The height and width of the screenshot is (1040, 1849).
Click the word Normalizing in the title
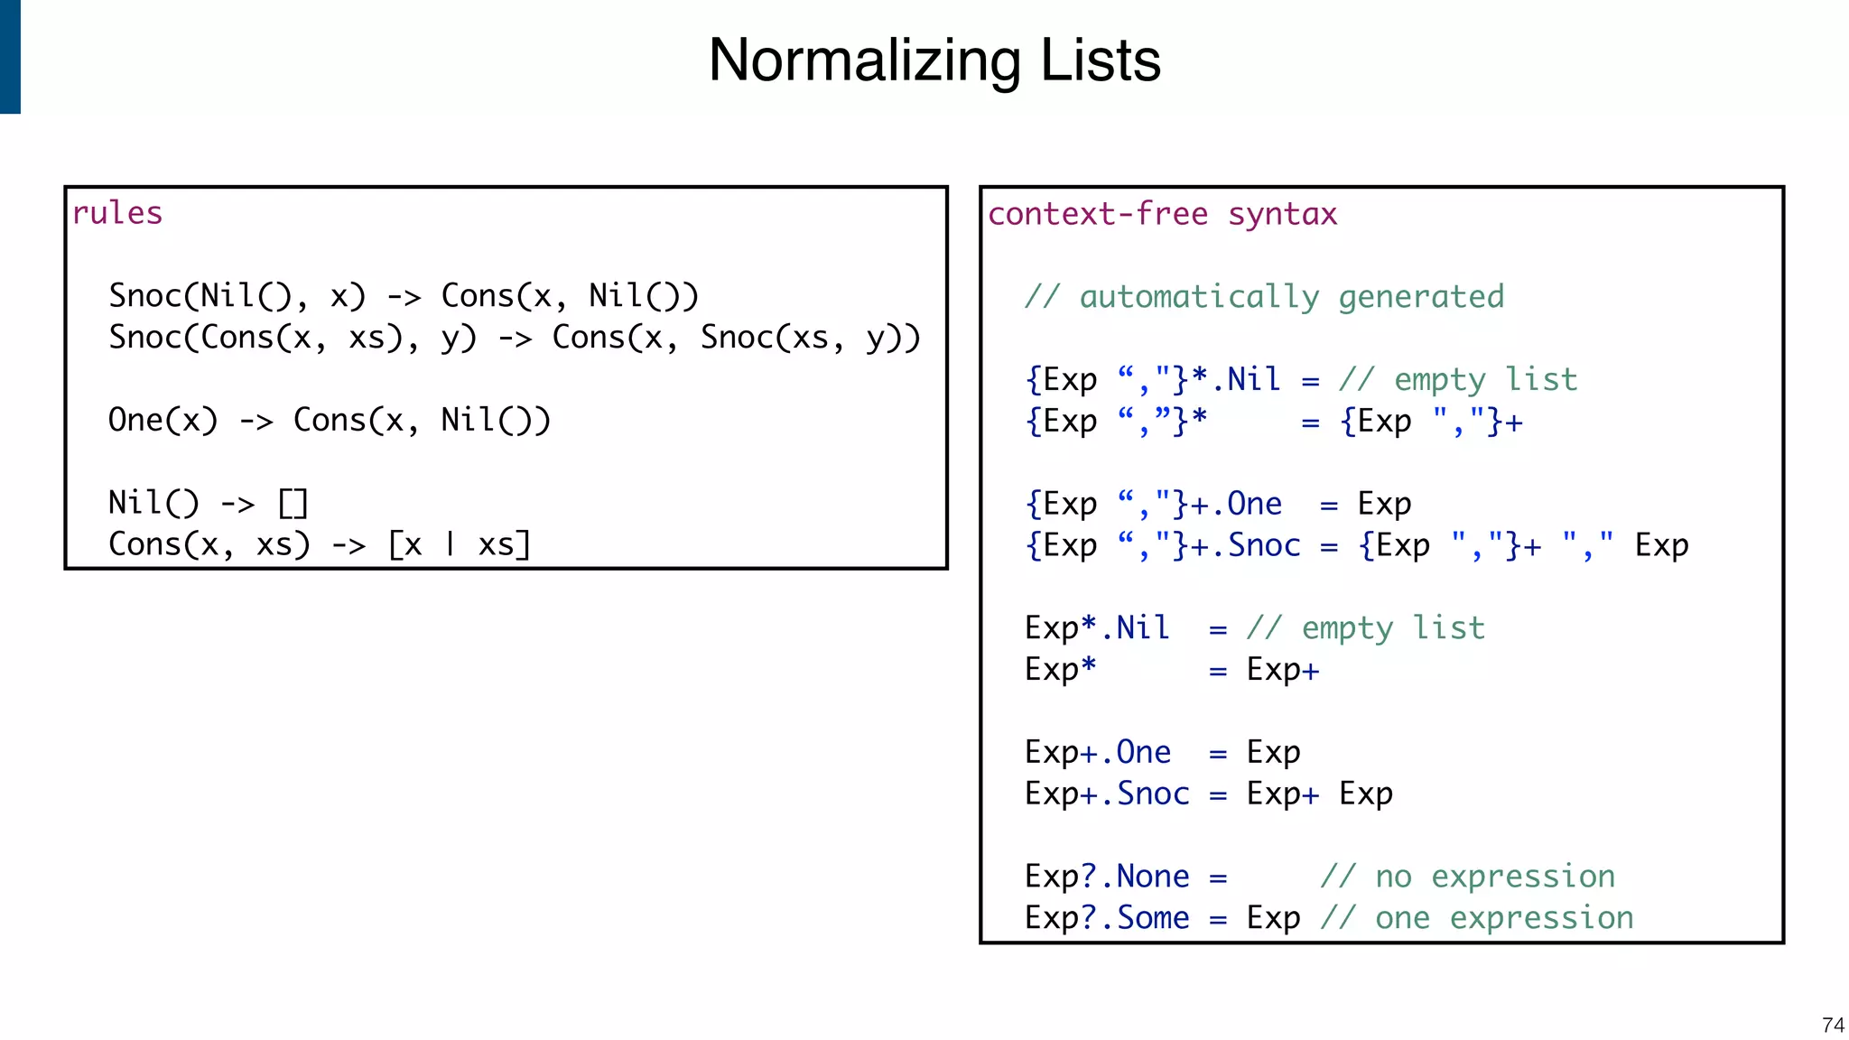point(864,60)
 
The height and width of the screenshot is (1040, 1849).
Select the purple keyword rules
point(117,213)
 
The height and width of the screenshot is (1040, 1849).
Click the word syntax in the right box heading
point(1282,214)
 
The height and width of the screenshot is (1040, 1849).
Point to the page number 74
point(1833,1025)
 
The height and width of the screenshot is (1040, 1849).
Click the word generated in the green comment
point(1421,297)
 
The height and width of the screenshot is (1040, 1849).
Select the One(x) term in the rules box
point(163,421)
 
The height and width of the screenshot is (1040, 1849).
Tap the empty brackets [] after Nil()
point(293,503)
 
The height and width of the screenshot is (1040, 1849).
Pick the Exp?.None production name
point(1107,877)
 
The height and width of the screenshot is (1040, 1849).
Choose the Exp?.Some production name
point(1107,918)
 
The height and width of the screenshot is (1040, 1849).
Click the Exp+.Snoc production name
point(1107,794)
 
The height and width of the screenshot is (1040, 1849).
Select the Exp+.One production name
point(1098,752)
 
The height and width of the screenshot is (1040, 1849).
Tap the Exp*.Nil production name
point(1097,627)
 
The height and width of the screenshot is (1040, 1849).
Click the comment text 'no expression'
point(1495,877)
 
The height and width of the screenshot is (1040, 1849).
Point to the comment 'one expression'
point(1504,918)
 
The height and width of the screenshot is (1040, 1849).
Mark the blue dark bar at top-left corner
point(10,56)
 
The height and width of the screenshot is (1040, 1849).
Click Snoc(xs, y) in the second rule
point(809,338)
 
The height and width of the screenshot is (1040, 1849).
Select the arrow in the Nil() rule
point(237,504)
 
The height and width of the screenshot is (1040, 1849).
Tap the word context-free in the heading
point(1098,214)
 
